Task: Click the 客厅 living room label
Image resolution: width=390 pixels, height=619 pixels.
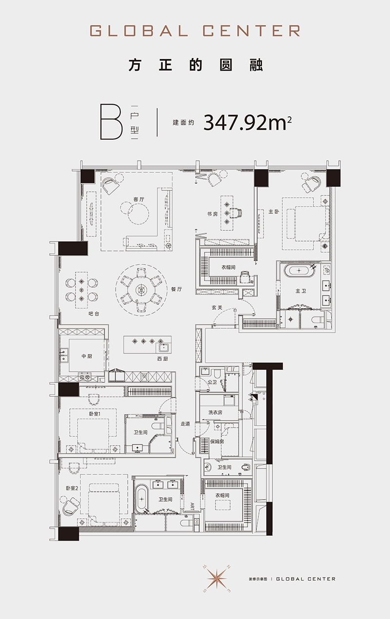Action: (x=138, y=199)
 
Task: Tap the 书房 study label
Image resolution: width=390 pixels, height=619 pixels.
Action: (x=212, y=214)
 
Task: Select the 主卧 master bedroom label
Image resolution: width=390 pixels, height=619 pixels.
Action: (x=274, y=212)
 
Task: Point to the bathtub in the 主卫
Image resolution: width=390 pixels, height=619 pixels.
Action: (x=299, y=271)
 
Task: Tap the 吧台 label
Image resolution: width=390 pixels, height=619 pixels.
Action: (x=94, y=314)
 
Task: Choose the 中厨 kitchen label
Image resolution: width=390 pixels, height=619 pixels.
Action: (x=87, y=356)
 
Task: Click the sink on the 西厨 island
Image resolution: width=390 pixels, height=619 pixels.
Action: (x=163, y=347)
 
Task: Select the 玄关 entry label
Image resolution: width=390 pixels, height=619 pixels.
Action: (x=217, y=307)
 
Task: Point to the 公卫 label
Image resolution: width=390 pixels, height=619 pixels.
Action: (x=212, y=382)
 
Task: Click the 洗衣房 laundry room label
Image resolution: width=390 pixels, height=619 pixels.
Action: (x=215, y=413)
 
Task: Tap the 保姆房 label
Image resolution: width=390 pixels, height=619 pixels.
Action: (x=217, y=442)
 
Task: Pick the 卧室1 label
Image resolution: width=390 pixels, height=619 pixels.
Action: (x=95, y=413)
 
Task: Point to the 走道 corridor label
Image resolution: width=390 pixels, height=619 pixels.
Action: (x=185, y=424)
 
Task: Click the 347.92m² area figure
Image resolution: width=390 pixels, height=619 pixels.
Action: (x=248, y=123)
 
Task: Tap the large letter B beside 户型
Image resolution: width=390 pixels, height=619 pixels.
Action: (x=111, y=122)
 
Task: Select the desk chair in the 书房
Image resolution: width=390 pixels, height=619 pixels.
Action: (x=237, y=213)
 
